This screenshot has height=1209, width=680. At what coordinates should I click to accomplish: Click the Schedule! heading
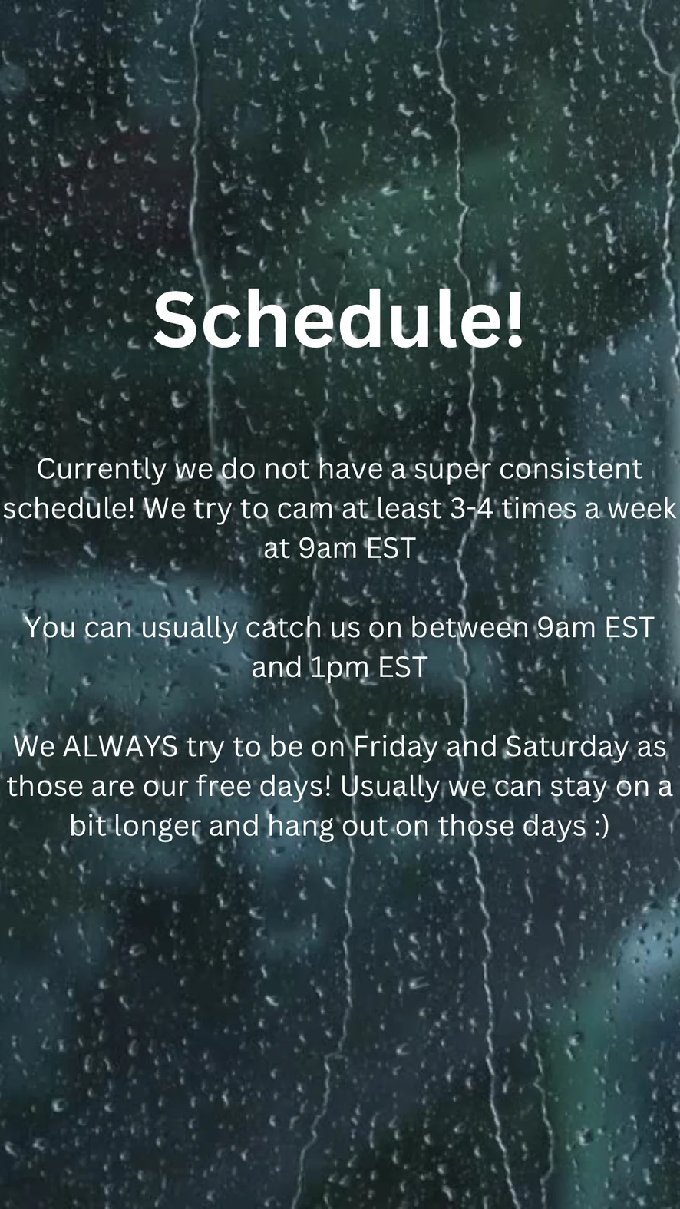[x=338, y=319]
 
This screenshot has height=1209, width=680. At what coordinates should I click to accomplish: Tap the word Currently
[x=101, y=470]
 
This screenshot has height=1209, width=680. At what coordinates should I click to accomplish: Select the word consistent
[x=570, y=469]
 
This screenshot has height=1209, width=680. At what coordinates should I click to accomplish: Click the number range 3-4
[x=472, y=508]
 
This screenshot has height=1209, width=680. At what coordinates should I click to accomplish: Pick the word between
[x=469, y=628]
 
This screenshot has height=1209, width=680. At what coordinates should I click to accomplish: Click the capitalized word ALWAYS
[x=120, y=747]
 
